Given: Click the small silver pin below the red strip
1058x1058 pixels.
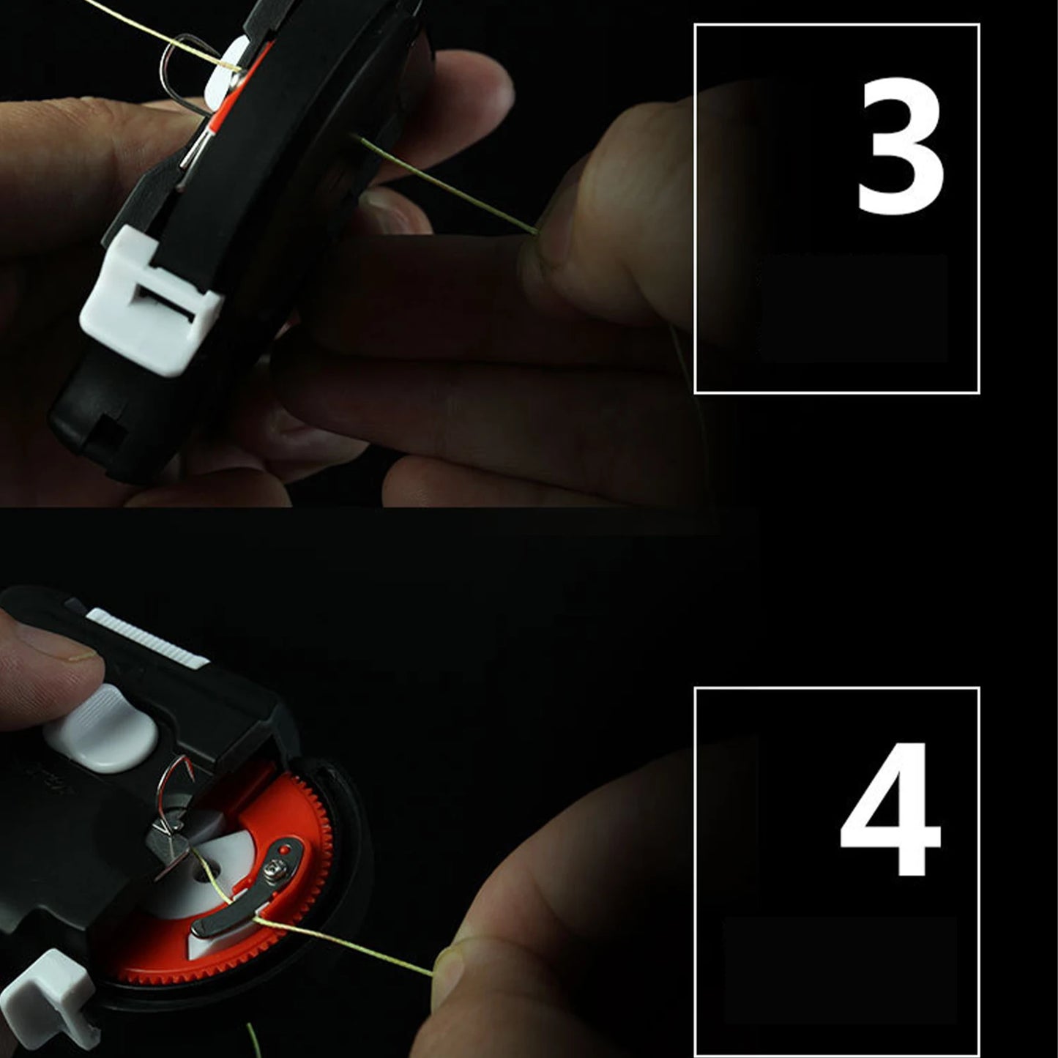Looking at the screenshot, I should coord(192,150).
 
